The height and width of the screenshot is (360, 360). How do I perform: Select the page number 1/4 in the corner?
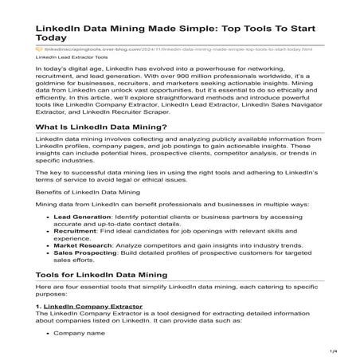pos(346,351)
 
